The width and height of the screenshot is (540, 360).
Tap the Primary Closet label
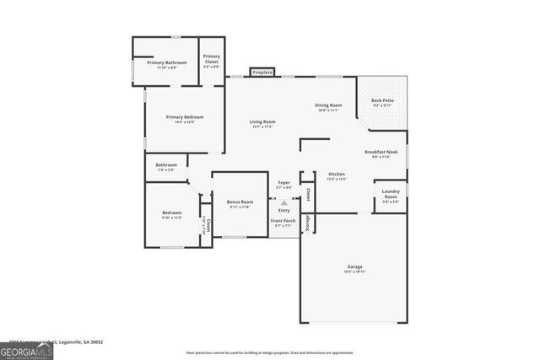pos(212,60)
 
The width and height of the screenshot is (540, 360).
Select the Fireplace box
pos(262,73)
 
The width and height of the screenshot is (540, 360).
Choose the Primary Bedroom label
pos(184,119)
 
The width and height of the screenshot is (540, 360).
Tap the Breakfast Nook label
pos(381,154)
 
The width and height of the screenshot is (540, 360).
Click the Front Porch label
pos(282,223)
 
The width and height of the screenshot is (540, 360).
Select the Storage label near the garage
pos(308,223)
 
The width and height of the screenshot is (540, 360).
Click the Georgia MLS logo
pos(26,349)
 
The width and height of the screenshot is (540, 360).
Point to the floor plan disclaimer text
pos(270,352)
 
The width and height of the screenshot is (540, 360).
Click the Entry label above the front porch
pos(283,210)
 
